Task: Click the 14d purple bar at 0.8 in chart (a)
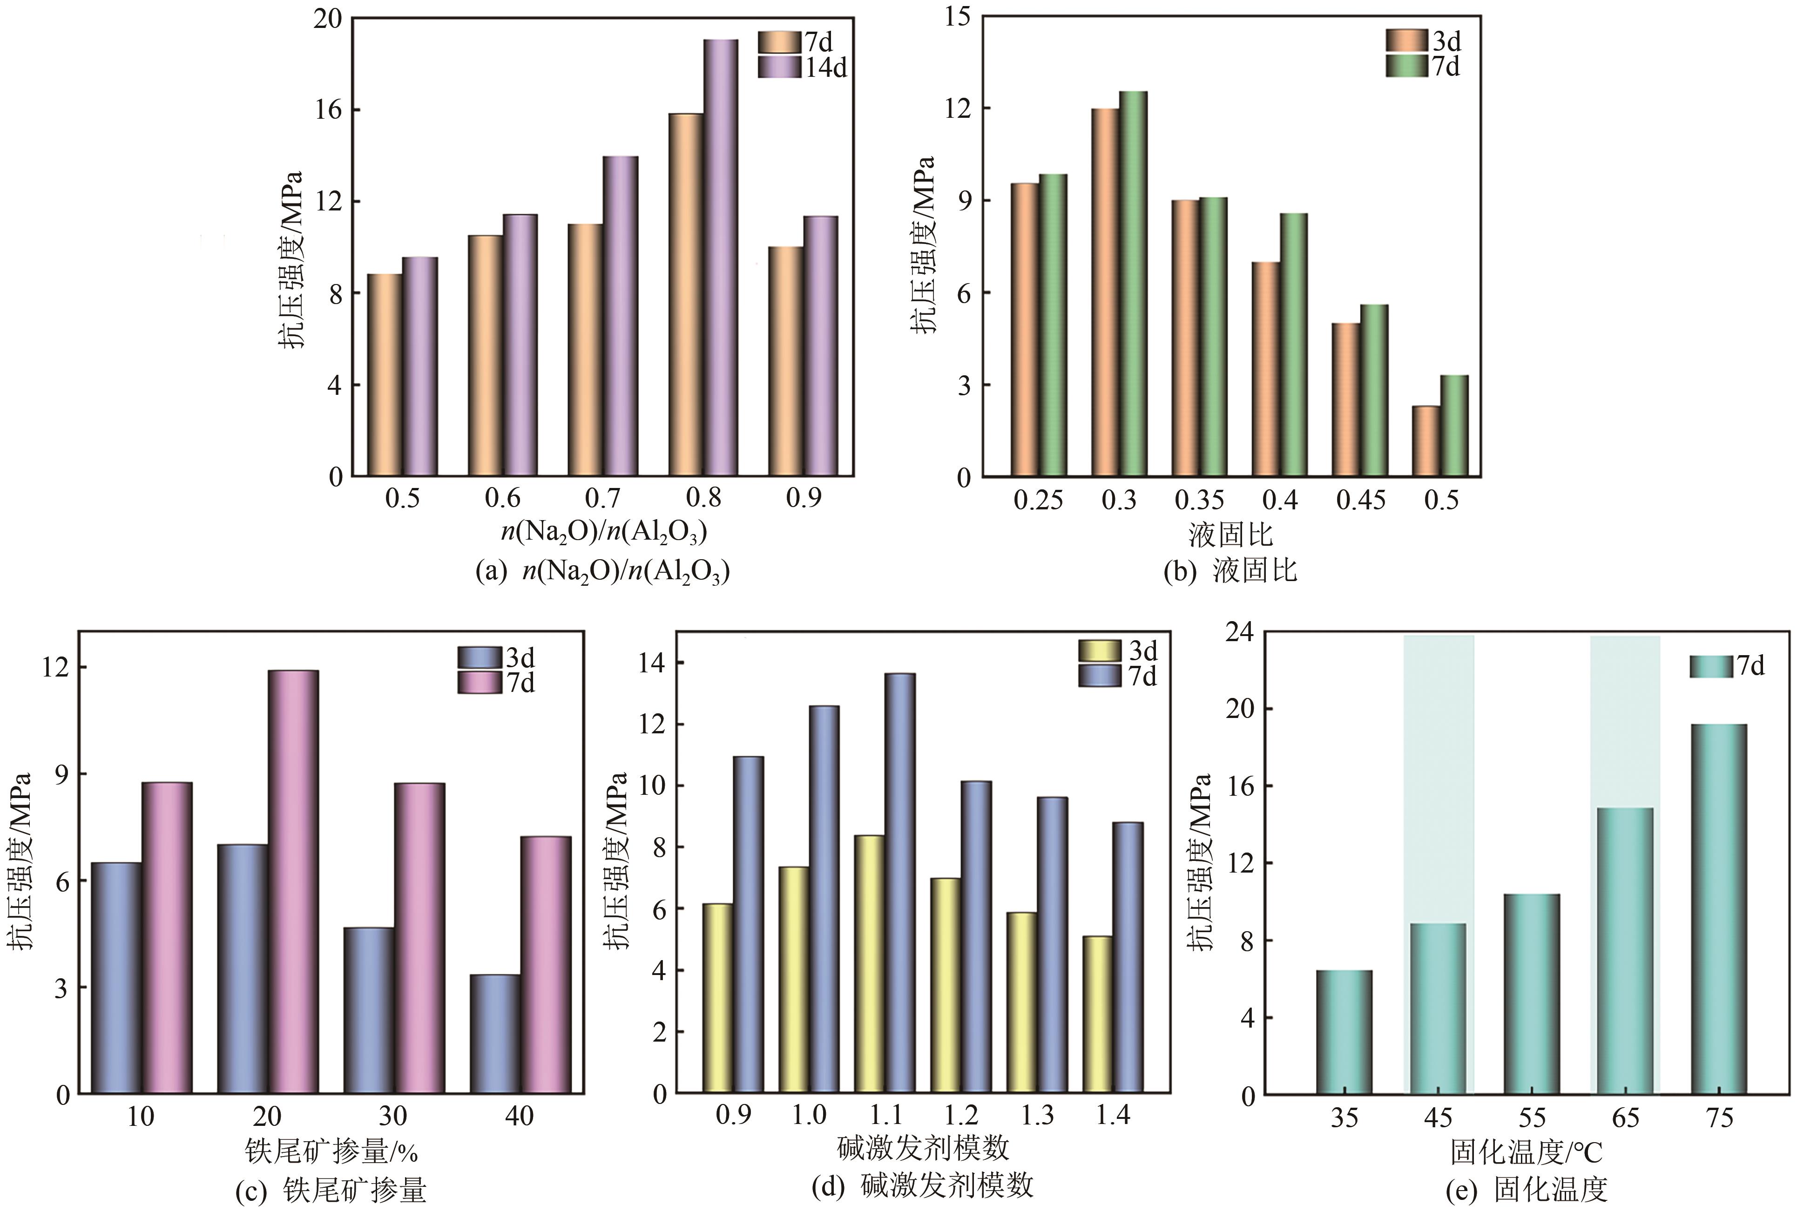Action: click(x=720, y=257)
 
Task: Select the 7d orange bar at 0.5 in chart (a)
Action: click(x=384, y=375)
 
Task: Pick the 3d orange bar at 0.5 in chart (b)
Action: click(x=1425, y=440)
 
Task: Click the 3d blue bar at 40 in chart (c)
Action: click(x=495, y=1034)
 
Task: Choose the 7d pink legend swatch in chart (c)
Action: click(x=481, y=683)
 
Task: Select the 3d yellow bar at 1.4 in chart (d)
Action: click(x=1097, y=1015)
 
